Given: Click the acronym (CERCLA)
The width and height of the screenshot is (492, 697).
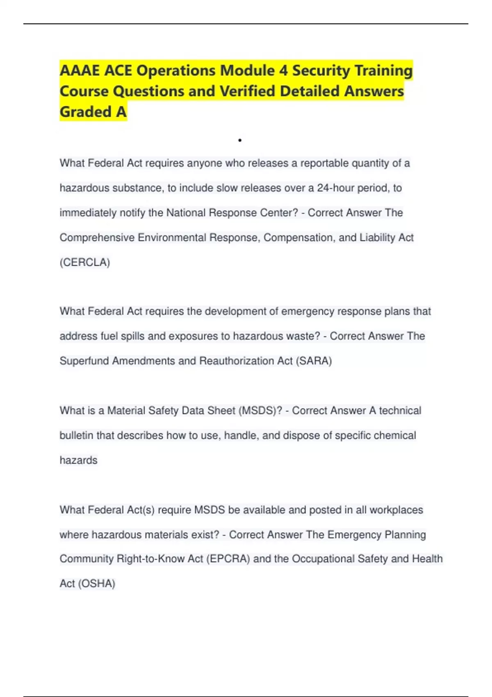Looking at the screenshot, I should (x=85, y=262).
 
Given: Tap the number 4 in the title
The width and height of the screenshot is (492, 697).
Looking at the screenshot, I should (x=283, y=71).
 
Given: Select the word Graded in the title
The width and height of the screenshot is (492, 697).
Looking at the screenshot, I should (x=86, y=112).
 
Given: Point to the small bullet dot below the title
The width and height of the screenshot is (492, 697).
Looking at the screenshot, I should (x=240, y=141).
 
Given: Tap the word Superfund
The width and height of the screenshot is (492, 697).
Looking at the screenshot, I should (x=84, y=361).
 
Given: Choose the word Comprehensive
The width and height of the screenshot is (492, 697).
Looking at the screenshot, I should (x=97, y=237).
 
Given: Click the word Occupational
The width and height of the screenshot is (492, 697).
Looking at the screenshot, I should (x=323, y=559).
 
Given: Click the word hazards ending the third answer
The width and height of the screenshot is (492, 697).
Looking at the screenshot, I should (x=78, y=460).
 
